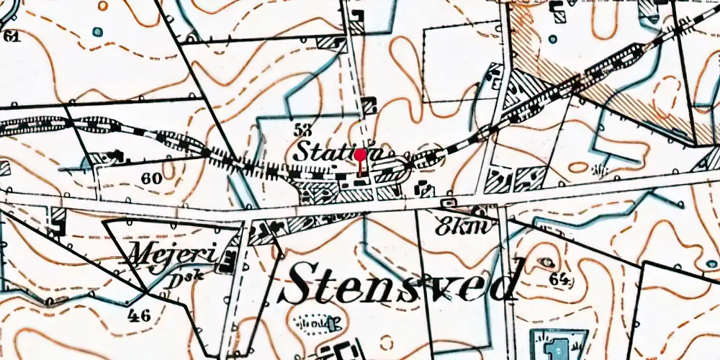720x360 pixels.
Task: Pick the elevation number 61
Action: click(12, 36)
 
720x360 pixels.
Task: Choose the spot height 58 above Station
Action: click(305, 130)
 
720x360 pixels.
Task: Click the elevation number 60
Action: click(152, 178)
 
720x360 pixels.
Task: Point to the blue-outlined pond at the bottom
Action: click(558, 345)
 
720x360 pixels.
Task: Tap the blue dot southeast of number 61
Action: click(96, 32)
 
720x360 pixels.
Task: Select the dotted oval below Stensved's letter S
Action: click(315, 321)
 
